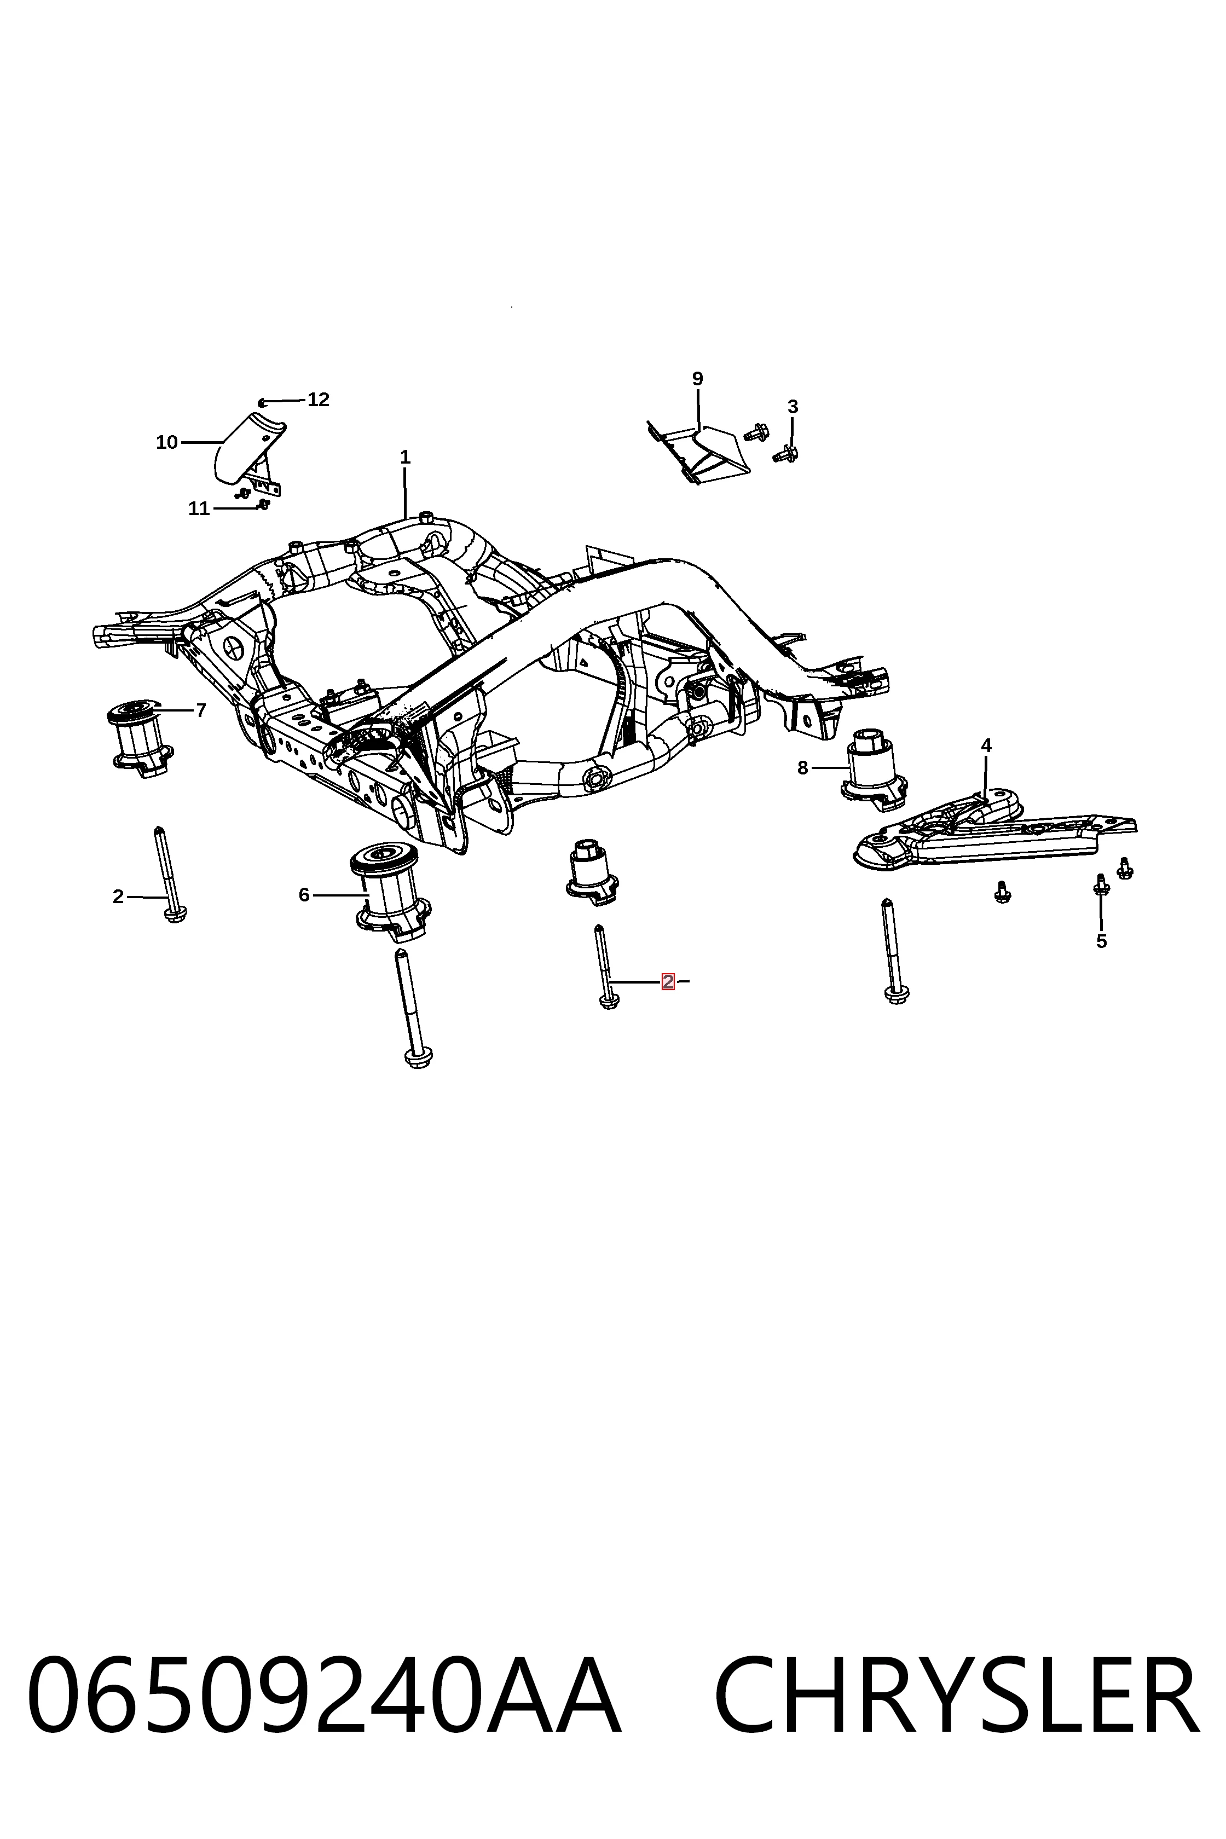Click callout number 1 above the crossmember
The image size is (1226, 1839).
405,458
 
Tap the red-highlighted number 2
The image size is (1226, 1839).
668,981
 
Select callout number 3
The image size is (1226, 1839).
793,407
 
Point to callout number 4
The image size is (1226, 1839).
986,746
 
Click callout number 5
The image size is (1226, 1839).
1102,941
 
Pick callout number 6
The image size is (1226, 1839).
304,895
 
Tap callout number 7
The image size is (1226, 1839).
201,711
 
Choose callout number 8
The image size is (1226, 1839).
802,768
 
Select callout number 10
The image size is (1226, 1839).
167,443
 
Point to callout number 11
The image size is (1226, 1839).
199,509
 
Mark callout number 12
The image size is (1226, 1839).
318,400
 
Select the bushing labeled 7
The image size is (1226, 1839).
139,739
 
